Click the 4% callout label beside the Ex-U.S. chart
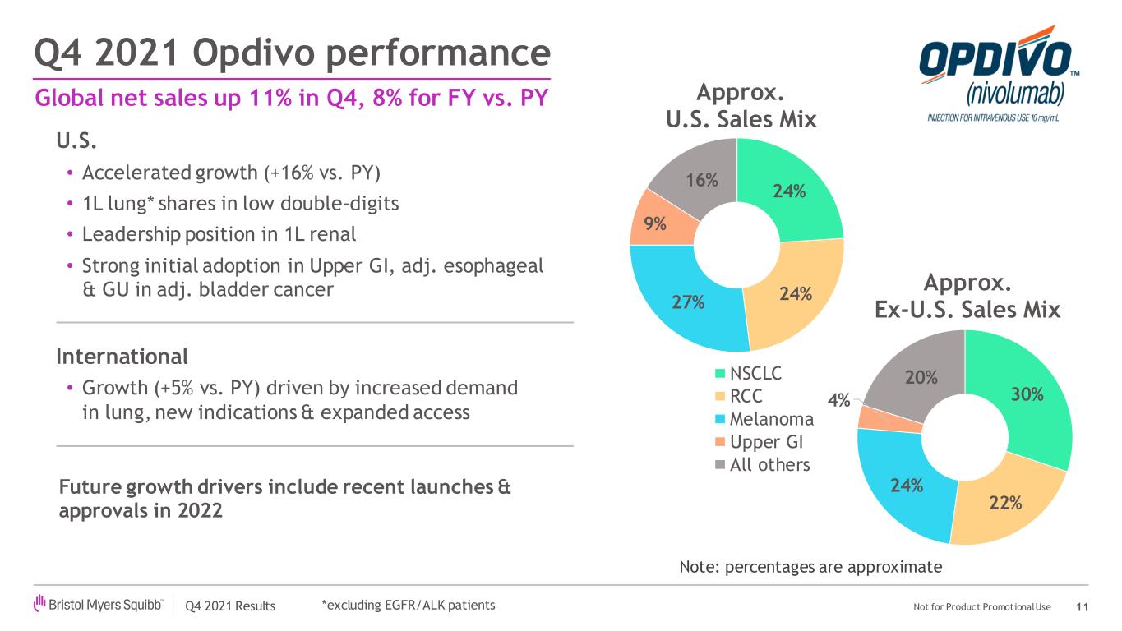[x=838, y=401]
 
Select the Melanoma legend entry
[x=764, y=419]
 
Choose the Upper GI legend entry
[x=759, y=442]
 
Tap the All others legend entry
[x=762, y=465]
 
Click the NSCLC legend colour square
[x=720, y=374]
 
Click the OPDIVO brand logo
[x=998, y=74]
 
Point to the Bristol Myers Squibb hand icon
[x=39, y=602]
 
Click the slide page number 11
[x=1082, y=607]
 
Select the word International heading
[x=122, y=357]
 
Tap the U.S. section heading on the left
[x=76, y=140]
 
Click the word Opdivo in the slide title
[x=256, y=53]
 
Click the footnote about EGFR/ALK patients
[x=409, y=605]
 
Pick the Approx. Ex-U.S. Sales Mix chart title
[x=967, y=296]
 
